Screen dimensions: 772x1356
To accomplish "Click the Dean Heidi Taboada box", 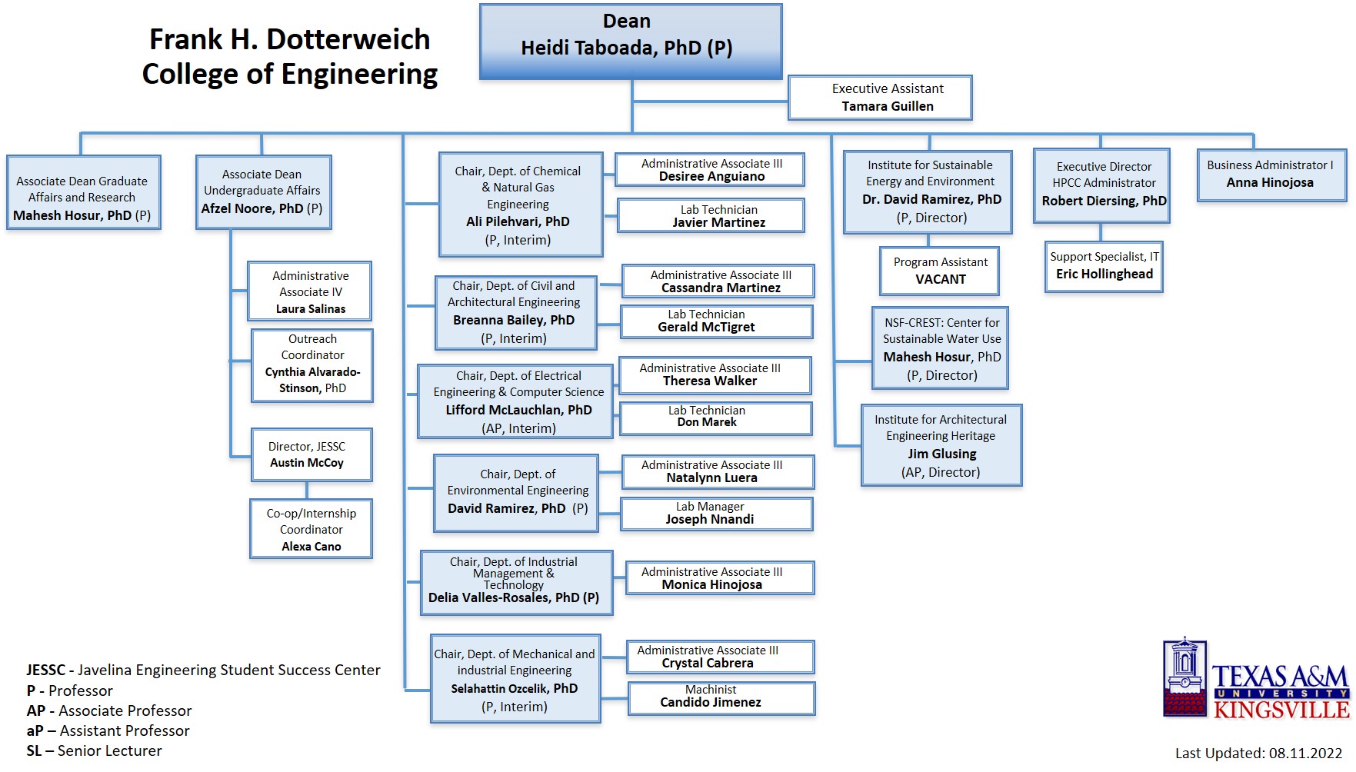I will click(631, 42).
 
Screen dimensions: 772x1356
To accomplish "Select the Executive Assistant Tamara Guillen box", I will click(880, 98).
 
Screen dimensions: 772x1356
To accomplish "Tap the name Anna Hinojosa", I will click(1270, 183).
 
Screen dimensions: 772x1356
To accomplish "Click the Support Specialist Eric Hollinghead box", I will click(1104, 266).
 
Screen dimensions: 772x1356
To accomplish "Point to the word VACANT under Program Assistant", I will click(940, 280).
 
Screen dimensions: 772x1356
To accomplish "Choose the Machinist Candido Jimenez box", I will click(721, 697).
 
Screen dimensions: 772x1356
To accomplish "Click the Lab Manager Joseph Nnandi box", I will click(716, 514).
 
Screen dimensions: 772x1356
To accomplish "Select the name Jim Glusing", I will click(941, 454).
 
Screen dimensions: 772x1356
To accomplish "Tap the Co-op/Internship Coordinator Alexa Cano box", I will click(311, 529).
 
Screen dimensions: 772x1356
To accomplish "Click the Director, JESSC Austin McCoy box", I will click(311, 454).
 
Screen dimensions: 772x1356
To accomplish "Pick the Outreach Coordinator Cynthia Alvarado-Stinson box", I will click(312, 365).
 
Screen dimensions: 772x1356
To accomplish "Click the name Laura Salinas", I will click(311, 309).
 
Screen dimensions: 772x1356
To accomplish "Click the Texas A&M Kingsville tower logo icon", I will click(1184, 677).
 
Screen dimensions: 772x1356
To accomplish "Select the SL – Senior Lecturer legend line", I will click(95, 751).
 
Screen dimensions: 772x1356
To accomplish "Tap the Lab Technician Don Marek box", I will click(715, 418).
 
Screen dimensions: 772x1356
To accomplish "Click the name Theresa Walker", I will click(709, 381).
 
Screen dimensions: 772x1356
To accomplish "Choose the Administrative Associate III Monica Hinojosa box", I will click(720, 578).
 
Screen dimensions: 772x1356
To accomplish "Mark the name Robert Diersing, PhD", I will click(1103, 201).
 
